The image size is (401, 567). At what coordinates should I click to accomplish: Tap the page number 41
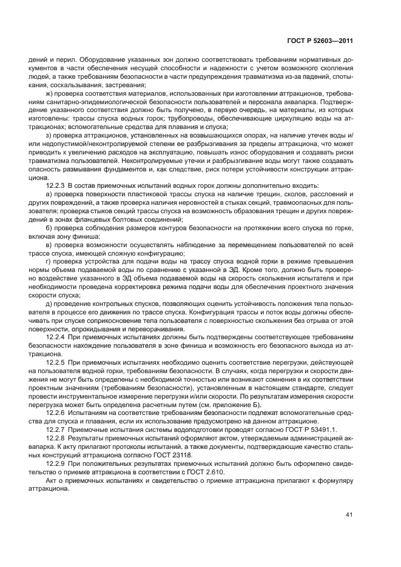click(349, 514)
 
